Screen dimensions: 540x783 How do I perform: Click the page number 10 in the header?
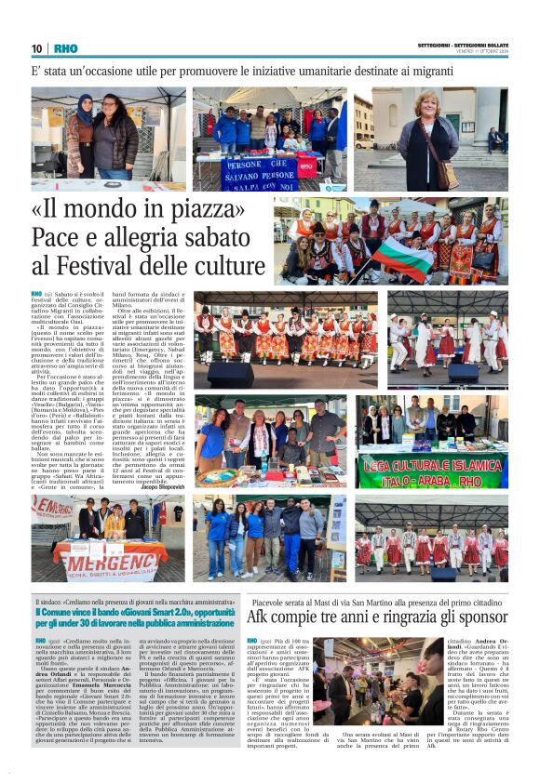click(37, 49)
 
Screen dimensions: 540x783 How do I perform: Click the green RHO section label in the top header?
click(65, 49)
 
